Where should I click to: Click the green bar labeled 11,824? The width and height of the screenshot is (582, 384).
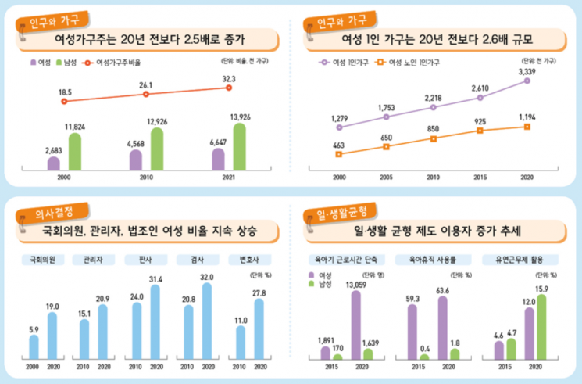(x=74, y=151)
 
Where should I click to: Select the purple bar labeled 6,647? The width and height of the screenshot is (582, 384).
(x=218, y=159)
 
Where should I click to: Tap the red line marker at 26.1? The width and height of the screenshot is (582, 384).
(x=146, y=94)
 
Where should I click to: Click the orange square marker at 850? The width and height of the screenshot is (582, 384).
(x=433, y=139)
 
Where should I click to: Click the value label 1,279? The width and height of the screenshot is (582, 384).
(x=339, y=119)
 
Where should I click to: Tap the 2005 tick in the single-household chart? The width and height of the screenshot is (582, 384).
(x=386, y=178)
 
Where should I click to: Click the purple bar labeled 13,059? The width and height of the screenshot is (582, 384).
(x=356, y=325)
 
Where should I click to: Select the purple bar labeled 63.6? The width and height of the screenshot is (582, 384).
(x=442, y=328)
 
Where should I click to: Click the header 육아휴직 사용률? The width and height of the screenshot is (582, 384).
(x=427, y=259)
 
